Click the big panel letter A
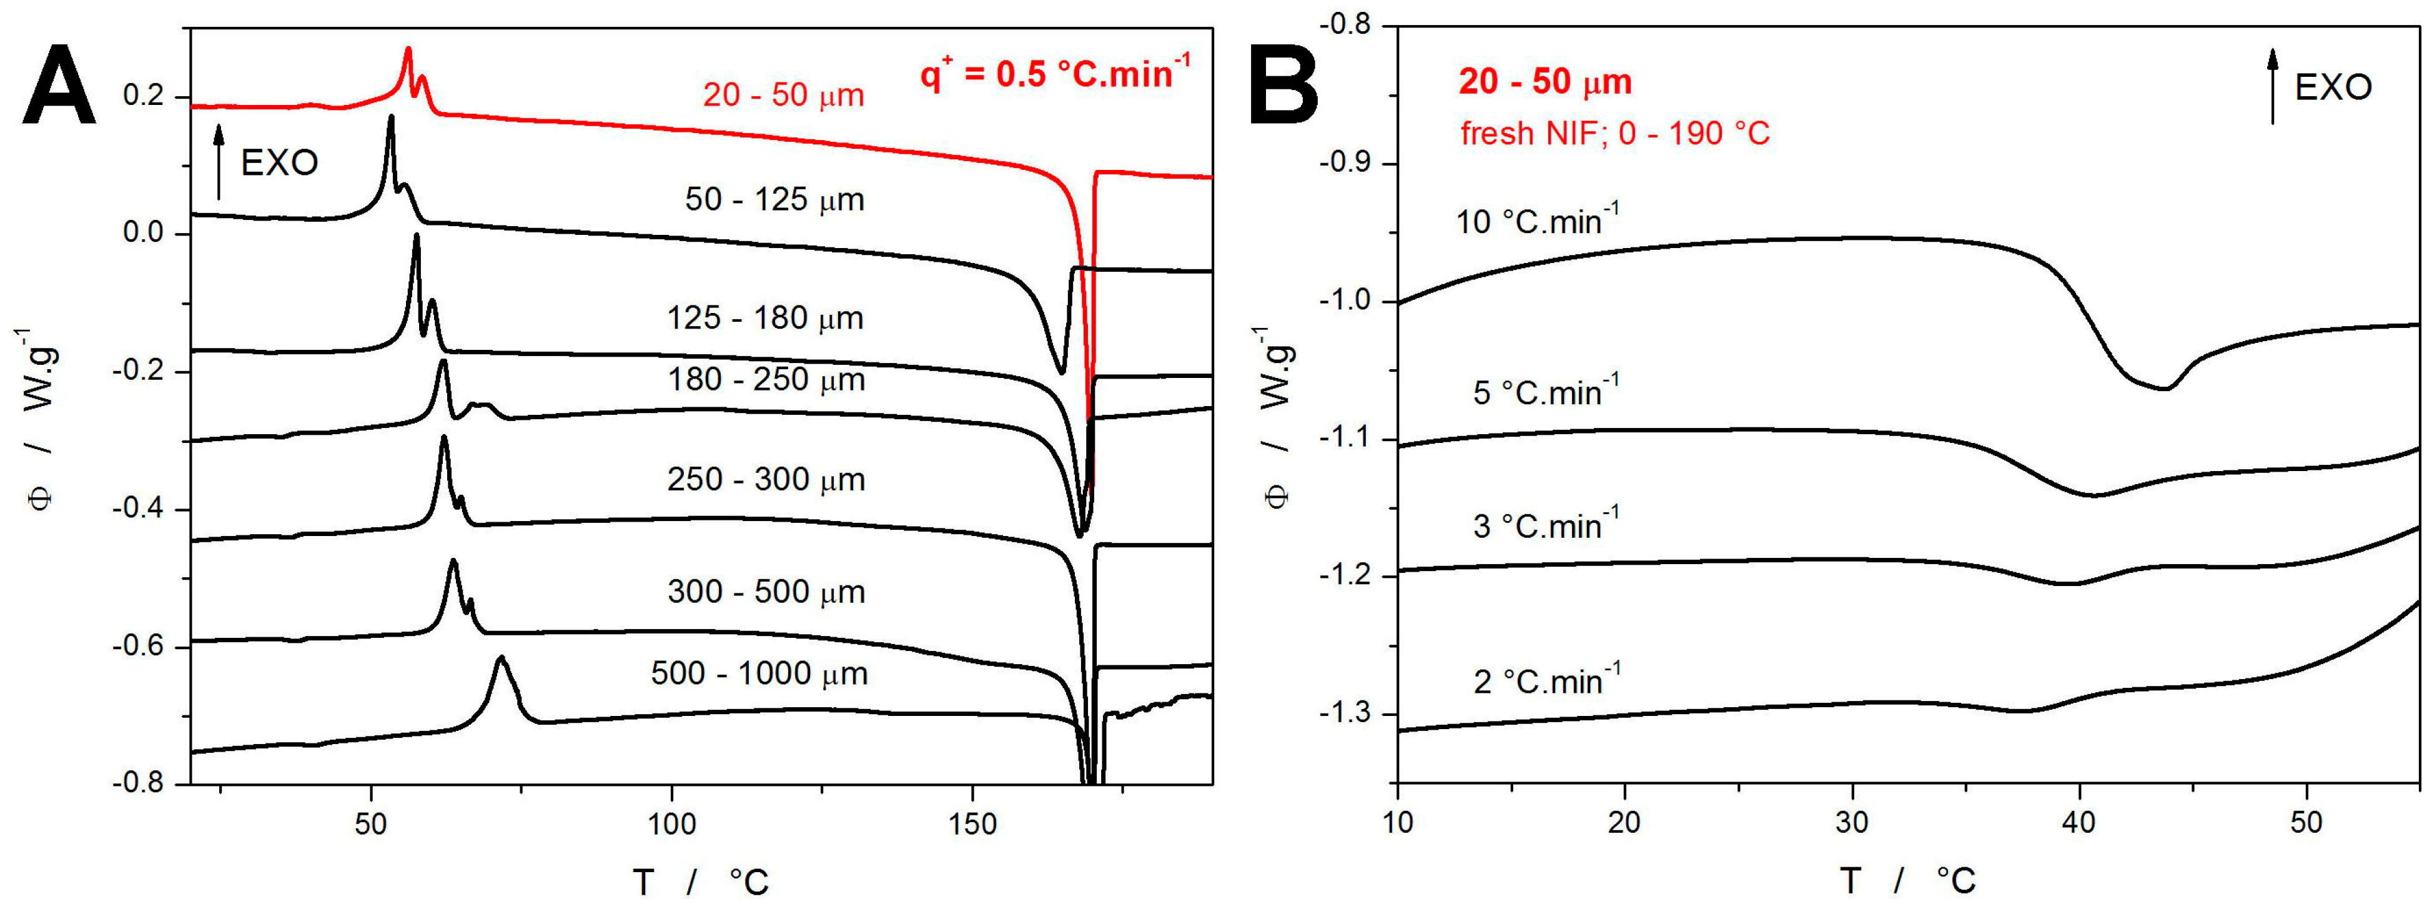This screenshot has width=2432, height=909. point(59,85)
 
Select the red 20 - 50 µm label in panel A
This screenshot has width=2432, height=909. point(783,96)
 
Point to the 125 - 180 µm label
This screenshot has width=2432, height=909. point(764,318)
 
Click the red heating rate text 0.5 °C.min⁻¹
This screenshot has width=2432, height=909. point(1055,72)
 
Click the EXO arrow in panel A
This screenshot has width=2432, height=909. point(219,162)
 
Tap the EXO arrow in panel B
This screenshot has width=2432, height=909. point(2273,87)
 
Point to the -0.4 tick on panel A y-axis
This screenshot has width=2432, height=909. point(144,509)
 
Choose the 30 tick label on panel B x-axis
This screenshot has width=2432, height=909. point(1851,822)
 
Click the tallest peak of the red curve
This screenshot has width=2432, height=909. point(408,49)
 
